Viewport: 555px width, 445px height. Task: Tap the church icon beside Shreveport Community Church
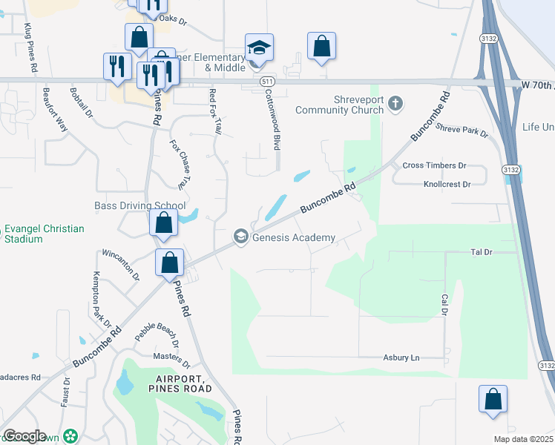tap(395, 103)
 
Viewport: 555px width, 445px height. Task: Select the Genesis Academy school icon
tap(240, 237)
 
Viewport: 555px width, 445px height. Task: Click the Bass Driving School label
tap(140, 205)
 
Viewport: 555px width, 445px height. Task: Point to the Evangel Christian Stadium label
tap(44, 234)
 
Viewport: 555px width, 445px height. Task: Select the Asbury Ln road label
tap(401, 358)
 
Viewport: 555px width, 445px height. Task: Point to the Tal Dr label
tap(482, 252)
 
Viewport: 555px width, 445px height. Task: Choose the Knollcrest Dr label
tap(447, 184)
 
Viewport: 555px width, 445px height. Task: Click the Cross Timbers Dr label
tap(433, 165)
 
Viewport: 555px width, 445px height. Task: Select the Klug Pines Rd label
tap(30, 47)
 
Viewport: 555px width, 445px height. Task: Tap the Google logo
tap(24, 436)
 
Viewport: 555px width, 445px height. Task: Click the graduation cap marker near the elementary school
tap(259, 48)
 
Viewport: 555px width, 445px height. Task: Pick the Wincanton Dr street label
tap(120, 263)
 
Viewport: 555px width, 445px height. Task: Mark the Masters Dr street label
tap(172, 360)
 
